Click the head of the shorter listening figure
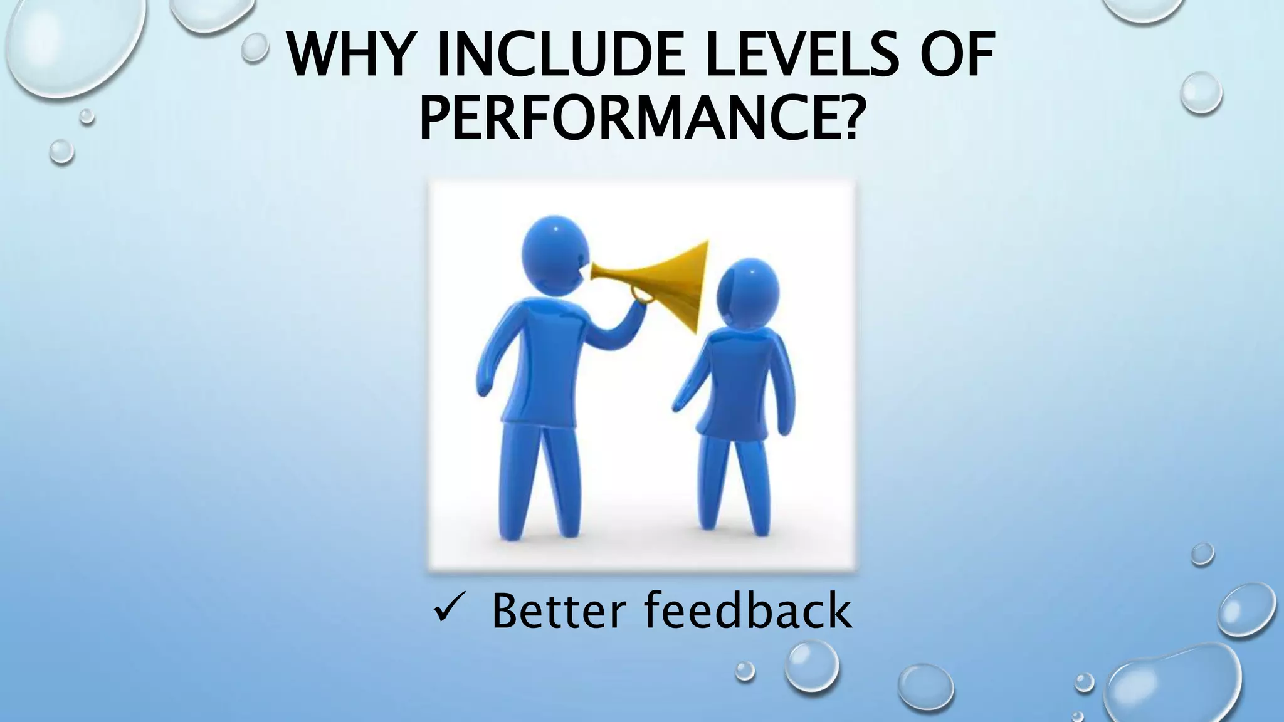748,293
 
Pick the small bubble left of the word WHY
255,47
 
